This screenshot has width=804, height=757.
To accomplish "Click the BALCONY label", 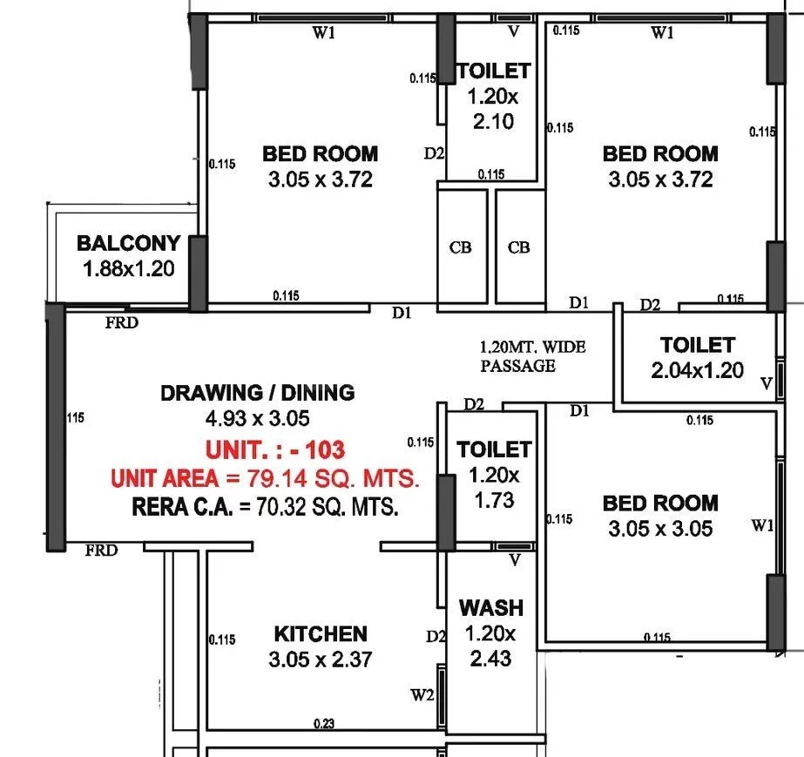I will [x=128, y=243].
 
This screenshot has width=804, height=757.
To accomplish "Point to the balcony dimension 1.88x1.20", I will [x=128, y=268].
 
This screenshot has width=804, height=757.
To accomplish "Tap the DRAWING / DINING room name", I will [x=257, y=393].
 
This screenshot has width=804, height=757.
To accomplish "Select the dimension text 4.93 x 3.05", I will [x=257, y=418].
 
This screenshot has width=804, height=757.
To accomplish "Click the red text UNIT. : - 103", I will [x=275, y=450].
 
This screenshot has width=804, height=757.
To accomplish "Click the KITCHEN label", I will [x=321, y=634].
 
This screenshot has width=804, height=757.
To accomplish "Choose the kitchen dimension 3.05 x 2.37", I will [x=321, y=659].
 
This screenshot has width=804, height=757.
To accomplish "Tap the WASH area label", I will [x=491, y=607].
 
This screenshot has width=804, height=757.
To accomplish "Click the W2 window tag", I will [x=422, y=695].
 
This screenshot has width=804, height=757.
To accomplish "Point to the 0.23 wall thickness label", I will [x=323, y=723].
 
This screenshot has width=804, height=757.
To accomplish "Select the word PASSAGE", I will [x=517, y=366].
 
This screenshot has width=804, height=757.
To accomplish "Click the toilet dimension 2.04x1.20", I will [x=697, y=370].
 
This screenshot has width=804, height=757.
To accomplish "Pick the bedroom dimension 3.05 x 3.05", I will [x=660, y=528].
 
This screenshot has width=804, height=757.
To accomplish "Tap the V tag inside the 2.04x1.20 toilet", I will [x=767, y=383].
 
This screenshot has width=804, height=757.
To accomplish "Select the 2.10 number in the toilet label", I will [x=493, y=121].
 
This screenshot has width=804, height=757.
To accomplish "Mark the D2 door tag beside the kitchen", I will [x=436, y=637].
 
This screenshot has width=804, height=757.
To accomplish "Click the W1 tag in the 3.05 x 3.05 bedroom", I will [x=762, y=525].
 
